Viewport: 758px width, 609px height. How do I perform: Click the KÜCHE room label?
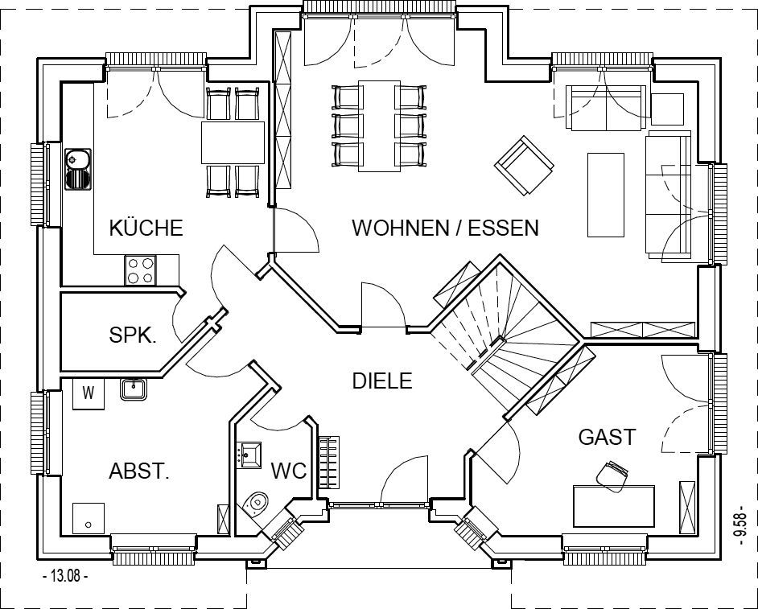[146, 228]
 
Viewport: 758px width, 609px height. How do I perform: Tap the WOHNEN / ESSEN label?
[445, 228]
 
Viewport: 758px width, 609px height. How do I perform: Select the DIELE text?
[382, 381]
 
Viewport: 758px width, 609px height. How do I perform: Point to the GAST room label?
[607, 437]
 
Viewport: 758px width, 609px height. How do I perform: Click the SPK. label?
[133, 335]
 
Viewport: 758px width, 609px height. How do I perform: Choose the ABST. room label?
[139, 471]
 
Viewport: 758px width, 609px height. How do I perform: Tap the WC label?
[289, 471]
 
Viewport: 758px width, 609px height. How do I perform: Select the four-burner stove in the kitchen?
[140, 270]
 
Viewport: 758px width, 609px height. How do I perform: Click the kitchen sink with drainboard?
[78, 169]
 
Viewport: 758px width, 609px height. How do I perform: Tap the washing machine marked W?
[89, 393]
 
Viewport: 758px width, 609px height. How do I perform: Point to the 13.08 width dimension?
[65, 576]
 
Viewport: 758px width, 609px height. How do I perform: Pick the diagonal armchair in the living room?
[524, 165]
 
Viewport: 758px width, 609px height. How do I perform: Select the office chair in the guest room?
[612, 475]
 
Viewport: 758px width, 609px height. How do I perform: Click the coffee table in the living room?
[606, 195]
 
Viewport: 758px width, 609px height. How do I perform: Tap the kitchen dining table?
[233, 142]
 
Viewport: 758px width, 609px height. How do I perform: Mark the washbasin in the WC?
[249, 455]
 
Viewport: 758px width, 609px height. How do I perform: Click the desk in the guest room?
[613, 505]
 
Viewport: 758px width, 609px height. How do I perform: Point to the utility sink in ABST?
[134, 389]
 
